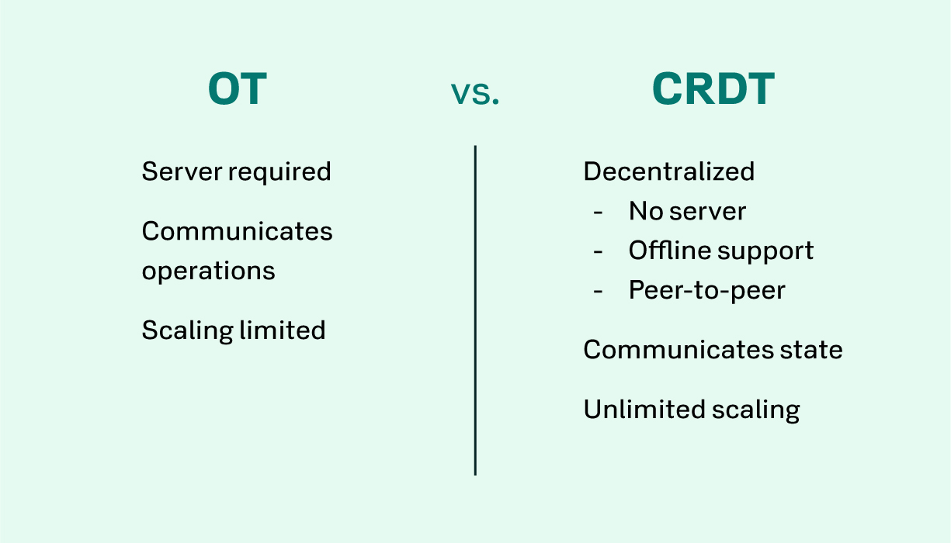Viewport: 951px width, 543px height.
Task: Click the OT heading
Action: [238, 88]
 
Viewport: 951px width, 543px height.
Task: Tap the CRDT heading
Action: [713, 88]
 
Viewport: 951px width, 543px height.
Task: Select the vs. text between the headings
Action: [475, 93]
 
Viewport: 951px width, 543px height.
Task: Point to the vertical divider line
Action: [475, 310]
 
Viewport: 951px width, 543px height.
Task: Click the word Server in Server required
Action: [182, 171]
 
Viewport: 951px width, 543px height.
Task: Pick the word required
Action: [279, 173]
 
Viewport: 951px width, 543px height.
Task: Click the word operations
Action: [209, 272]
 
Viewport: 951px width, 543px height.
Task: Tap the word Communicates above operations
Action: [237, 231]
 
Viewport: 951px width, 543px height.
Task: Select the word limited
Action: [283, 330]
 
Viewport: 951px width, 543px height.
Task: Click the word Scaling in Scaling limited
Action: [188, 331]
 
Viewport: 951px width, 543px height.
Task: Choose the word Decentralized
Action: [669, 171]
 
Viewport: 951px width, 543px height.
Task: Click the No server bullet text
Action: [687, 211]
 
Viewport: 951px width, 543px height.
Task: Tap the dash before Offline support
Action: [599, 252]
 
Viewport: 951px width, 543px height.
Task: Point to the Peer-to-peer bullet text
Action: [707, 291]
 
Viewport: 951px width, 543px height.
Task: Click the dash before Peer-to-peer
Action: [599, 292]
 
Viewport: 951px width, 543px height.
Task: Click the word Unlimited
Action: [644, 410]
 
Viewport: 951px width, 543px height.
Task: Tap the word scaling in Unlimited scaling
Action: [755, 410]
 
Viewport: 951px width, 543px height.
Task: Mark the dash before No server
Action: [599, 212]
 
